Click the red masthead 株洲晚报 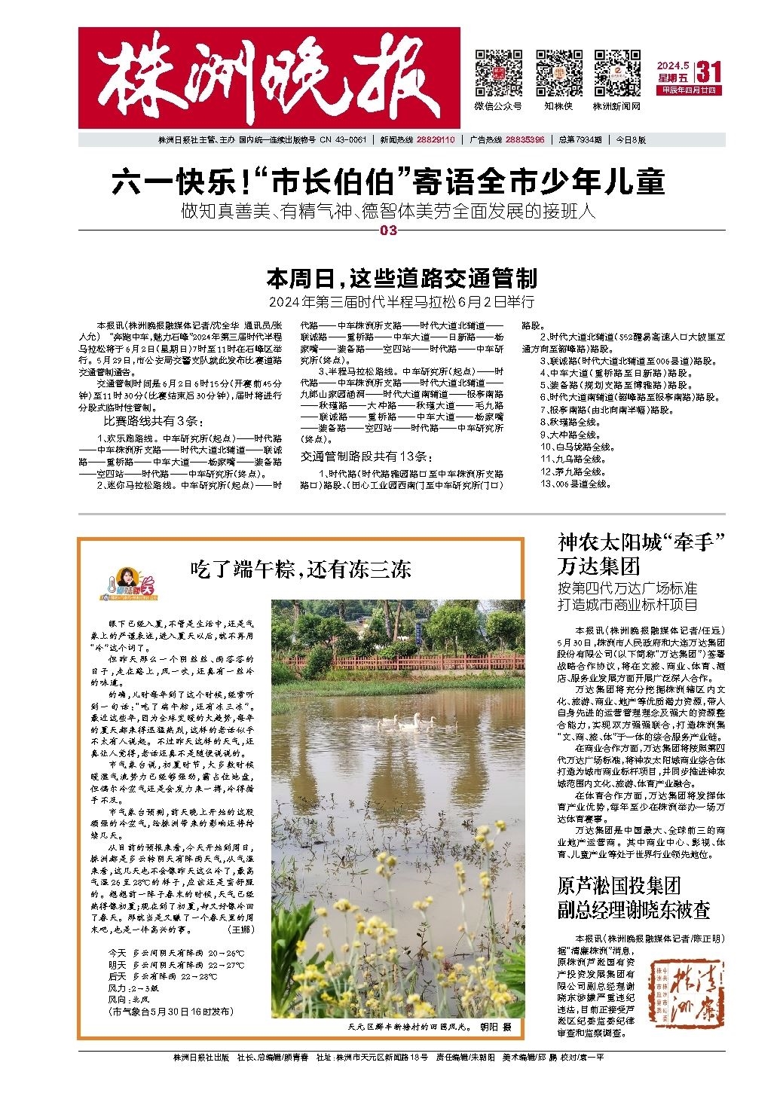[269, 78]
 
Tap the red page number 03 [389, 230]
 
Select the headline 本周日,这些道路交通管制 [402, 279]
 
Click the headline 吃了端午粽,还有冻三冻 [300, 568]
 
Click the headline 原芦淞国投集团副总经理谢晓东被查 [633, 897]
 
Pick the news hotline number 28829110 [435, 140]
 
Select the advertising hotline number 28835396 [525, 140]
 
